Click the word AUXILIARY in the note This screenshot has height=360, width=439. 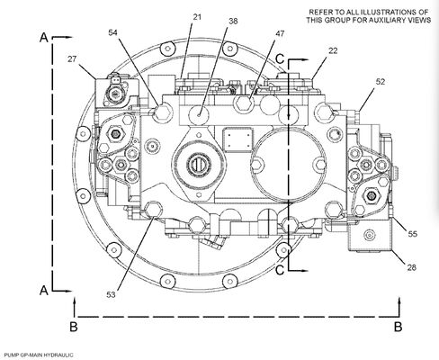[x=368, y=20]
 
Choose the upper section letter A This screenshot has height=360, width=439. [x=43, y=39]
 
